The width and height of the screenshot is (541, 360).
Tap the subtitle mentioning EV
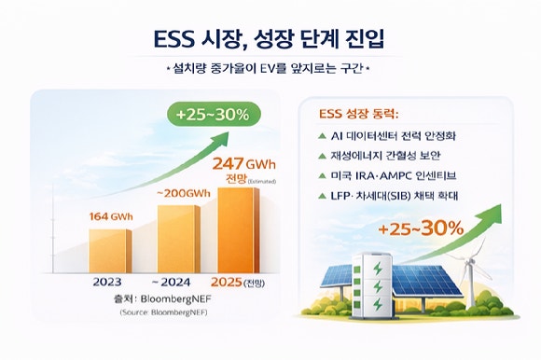[x=270, y=68]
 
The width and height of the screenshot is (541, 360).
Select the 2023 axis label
[x=111, y=283]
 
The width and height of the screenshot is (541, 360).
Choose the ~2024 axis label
[x=178, y=283]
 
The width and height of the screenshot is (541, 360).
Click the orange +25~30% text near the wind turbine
[x=420, y=228]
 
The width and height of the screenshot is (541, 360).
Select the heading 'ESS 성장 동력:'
[x=359, y=116]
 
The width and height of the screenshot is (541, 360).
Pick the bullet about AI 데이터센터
[x=398, y=136]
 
